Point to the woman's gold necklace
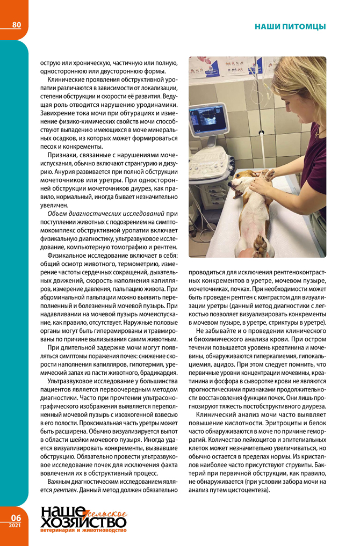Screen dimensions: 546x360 318,130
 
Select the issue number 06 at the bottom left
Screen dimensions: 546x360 13,518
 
